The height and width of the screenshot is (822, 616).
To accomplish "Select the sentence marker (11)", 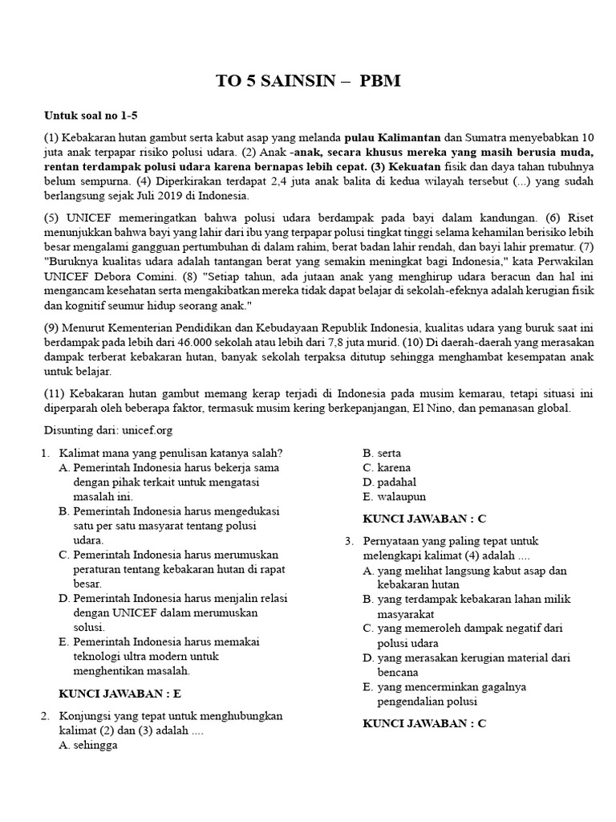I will click(53, 393).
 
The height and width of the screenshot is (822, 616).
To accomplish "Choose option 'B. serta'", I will click(382, 453).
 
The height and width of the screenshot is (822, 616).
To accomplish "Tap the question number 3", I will click(350, 541).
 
